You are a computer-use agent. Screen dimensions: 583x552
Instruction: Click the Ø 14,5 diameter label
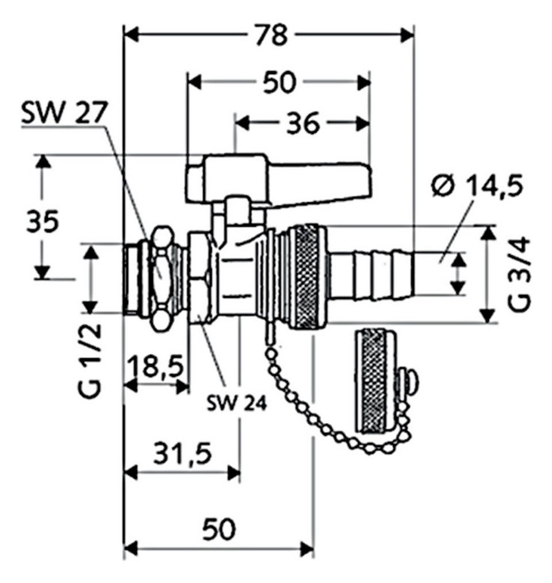[477, 187]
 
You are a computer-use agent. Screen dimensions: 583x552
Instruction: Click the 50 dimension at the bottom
[219, 528]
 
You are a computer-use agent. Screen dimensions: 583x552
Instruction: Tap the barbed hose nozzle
[371, 274]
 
